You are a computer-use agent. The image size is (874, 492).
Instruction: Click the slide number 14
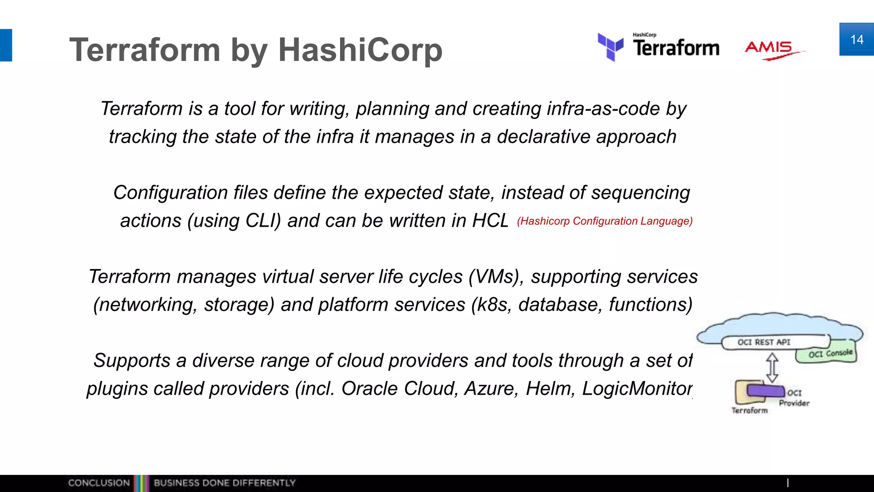tap(857, 40)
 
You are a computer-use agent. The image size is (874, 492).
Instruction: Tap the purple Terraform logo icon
tap(610, 47)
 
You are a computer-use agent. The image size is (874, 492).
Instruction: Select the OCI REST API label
tap(763, 342)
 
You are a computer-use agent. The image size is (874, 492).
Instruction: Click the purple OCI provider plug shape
tap(766, 390)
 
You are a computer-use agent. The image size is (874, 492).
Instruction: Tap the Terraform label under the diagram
tap(749, 410)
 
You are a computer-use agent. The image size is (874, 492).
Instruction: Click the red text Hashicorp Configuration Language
tap(604, 221)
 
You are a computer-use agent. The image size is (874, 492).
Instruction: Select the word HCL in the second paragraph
tap(490, 221)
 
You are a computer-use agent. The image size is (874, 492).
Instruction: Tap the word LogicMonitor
tap(637, 389)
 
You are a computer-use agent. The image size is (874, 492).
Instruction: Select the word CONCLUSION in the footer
tap(99, 483)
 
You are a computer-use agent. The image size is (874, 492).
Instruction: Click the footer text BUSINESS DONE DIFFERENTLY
tap(224, 483)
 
